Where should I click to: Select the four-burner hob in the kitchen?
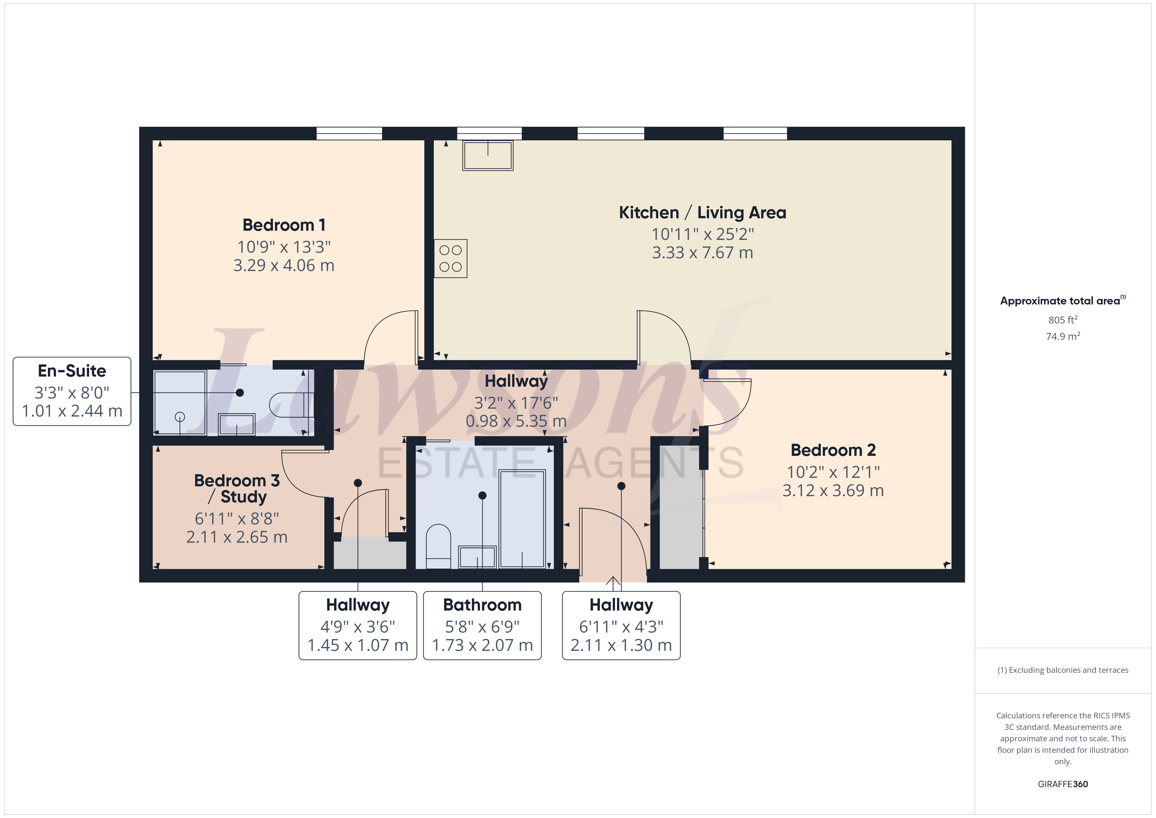451,258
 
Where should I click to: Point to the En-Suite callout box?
72,391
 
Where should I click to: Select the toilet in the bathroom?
438,547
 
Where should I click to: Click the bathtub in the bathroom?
522,519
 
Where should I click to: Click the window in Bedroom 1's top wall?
349,133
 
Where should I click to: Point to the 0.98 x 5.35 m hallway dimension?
516,421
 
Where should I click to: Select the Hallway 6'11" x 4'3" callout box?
621,625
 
